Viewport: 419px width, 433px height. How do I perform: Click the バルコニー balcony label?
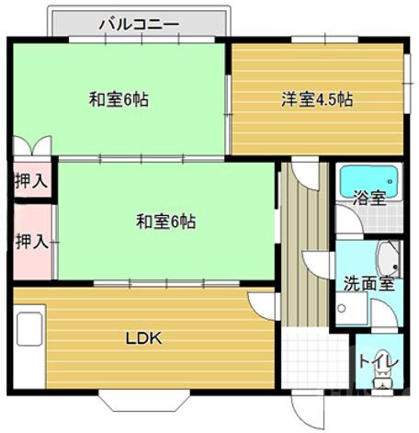139,24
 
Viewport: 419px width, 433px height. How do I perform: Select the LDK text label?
144,337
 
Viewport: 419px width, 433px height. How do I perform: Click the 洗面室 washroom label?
369,283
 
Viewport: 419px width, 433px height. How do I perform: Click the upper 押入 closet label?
31,180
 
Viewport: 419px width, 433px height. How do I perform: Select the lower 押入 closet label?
31,242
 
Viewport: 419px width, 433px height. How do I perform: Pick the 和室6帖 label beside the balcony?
119,98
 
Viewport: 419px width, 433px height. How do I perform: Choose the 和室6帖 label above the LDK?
165,221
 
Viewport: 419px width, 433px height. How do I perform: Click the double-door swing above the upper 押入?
32,147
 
